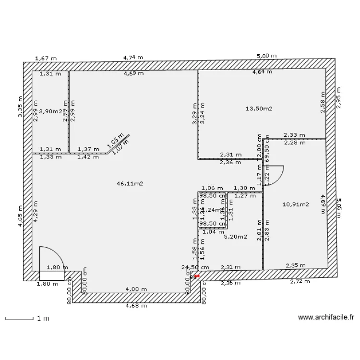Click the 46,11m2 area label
pyautogui.click(x=130, y=183)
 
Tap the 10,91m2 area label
pyautogui.click(x=295, y=204)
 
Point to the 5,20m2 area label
pyautogui.click(x=235, y=237)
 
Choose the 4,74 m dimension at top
pyautogui.click(x=133, y=57)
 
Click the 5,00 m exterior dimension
pyautogui.click(x=266, y=56)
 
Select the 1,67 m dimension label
pyautogui.click(x=46, y=59)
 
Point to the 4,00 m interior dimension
pyautogui.click(x=136, y=289)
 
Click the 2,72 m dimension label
pyautogui.click(x=300, y=282)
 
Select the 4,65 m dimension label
pyautogui.click(x=21, y=216)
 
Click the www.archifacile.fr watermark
pyautogui.click(x=326, y=317)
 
